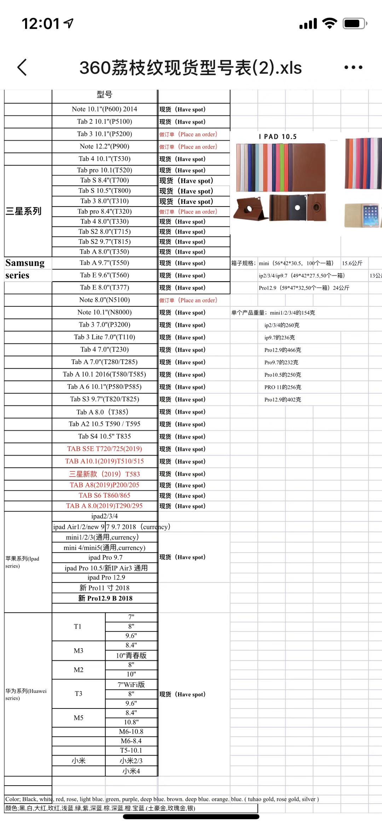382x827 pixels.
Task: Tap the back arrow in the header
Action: (x=22, y=67)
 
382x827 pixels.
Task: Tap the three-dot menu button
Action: (x=353, y=67)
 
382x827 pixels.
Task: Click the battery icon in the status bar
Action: (x=354, y=24)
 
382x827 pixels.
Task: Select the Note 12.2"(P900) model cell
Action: (x=104, y=146)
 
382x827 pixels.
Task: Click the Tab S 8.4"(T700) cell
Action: (x=104, y=180)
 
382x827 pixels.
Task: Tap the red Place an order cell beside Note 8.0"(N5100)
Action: (x=188, y=300)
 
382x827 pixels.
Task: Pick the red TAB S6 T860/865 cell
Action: (x=104, y=496)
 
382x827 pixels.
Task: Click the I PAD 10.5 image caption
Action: (x=278, y=137)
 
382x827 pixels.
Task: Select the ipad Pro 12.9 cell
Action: (x=106, y=578)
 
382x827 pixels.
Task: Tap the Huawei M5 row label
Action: (x=79, y=718)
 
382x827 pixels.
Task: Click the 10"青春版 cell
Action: (x=131, y=655)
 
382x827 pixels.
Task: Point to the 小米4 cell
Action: (x=131, y=771)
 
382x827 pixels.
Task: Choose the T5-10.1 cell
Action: (x=131, y=750)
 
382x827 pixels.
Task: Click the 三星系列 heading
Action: (x=23, y=212)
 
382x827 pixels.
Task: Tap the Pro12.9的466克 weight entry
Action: (x=283, y=350)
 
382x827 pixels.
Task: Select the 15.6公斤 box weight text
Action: (x=352, y=263)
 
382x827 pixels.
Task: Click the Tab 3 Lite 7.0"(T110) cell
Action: (x=104, y=337)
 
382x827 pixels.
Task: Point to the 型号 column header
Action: (x=104, y=95)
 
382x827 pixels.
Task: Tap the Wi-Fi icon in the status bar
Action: (x=329, y=24)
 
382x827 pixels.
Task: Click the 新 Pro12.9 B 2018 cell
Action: (x=105, y=598)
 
